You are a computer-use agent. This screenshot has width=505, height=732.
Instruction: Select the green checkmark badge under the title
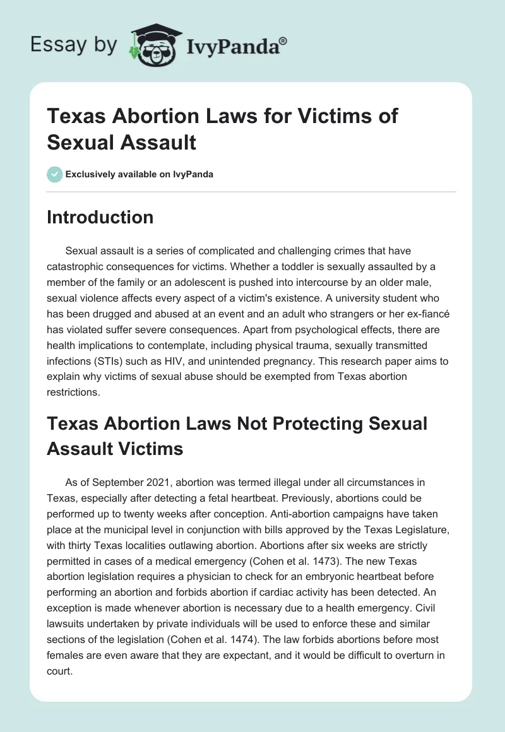[x=55, y=174]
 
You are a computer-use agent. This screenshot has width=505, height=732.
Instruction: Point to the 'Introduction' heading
[x=100, y=217]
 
